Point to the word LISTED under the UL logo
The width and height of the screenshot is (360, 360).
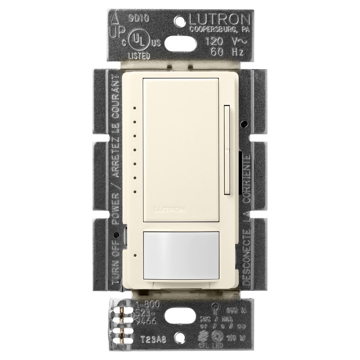[139, 56]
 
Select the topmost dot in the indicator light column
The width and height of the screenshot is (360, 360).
[134, 107]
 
